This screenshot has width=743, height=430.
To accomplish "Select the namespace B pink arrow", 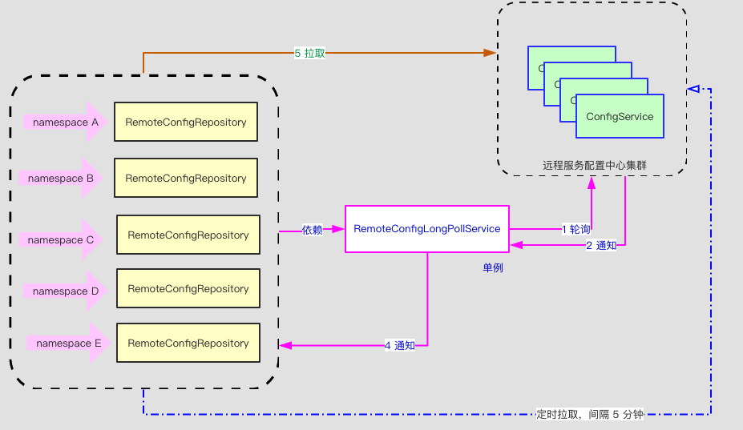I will [61, 179].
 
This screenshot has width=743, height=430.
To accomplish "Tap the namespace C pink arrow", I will [61, 239].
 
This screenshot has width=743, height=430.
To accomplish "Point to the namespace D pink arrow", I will [64, 291].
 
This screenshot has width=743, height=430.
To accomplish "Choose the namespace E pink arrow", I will [67, 343].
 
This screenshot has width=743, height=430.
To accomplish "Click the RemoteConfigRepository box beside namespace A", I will [185, 122].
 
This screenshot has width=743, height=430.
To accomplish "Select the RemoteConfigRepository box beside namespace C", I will [188, 235].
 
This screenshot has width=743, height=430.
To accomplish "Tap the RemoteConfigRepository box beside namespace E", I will [188, 343].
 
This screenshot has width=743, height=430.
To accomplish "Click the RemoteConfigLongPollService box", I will [426, 229].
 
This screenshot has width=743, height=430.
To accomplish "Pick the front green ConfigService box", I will [620, 117].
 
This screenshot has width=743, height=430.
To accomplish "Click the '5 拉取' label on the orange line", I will [309, 53].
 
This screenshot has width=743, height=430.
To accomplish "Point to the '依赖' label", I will [313, 230].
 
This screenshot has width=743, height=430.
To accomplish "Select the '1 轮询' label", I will [575, 229].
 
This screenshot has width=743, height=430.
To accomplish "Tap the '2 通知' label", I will [601, 246].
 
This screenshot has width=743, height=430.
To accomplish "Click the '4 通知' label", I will [399, 346].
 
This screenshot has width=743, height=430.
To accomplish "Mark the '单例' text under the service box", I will [492, 267].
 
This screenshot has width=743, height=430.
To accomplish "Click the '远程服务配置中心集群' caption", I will [594, 166].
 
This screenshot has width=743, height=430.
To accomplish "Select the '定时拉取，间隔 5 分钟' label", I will [590, 415].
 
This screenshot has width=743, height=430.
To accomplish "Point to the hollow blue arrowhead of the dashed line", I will [694, 89].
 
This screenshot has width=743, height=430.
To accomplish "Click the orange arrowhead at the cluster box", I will [490, 53].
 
